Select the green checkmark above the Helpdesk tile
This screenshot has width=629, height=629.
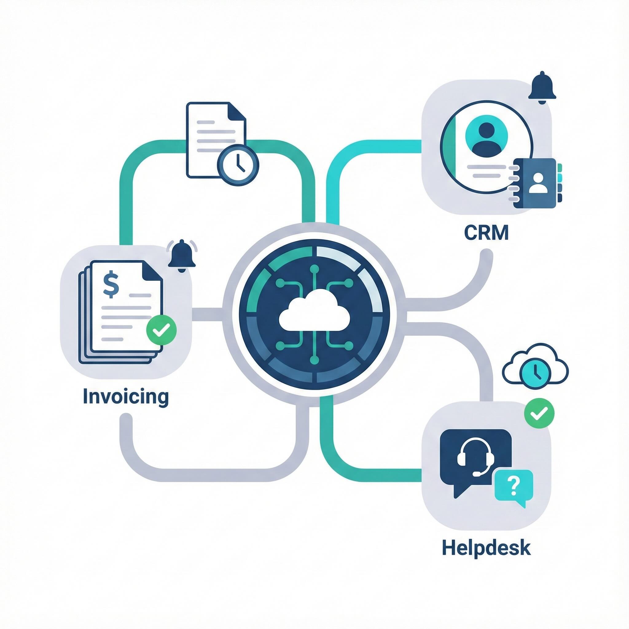click(x=539, y=414)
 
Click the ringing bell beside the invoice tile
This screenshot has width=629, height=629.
click(x=182, y=254)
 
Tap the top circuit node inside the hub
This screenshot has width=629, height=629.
click(x=314, y=269)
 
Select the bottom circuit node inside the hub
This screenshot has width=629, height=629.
click(x=314, y=360)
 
